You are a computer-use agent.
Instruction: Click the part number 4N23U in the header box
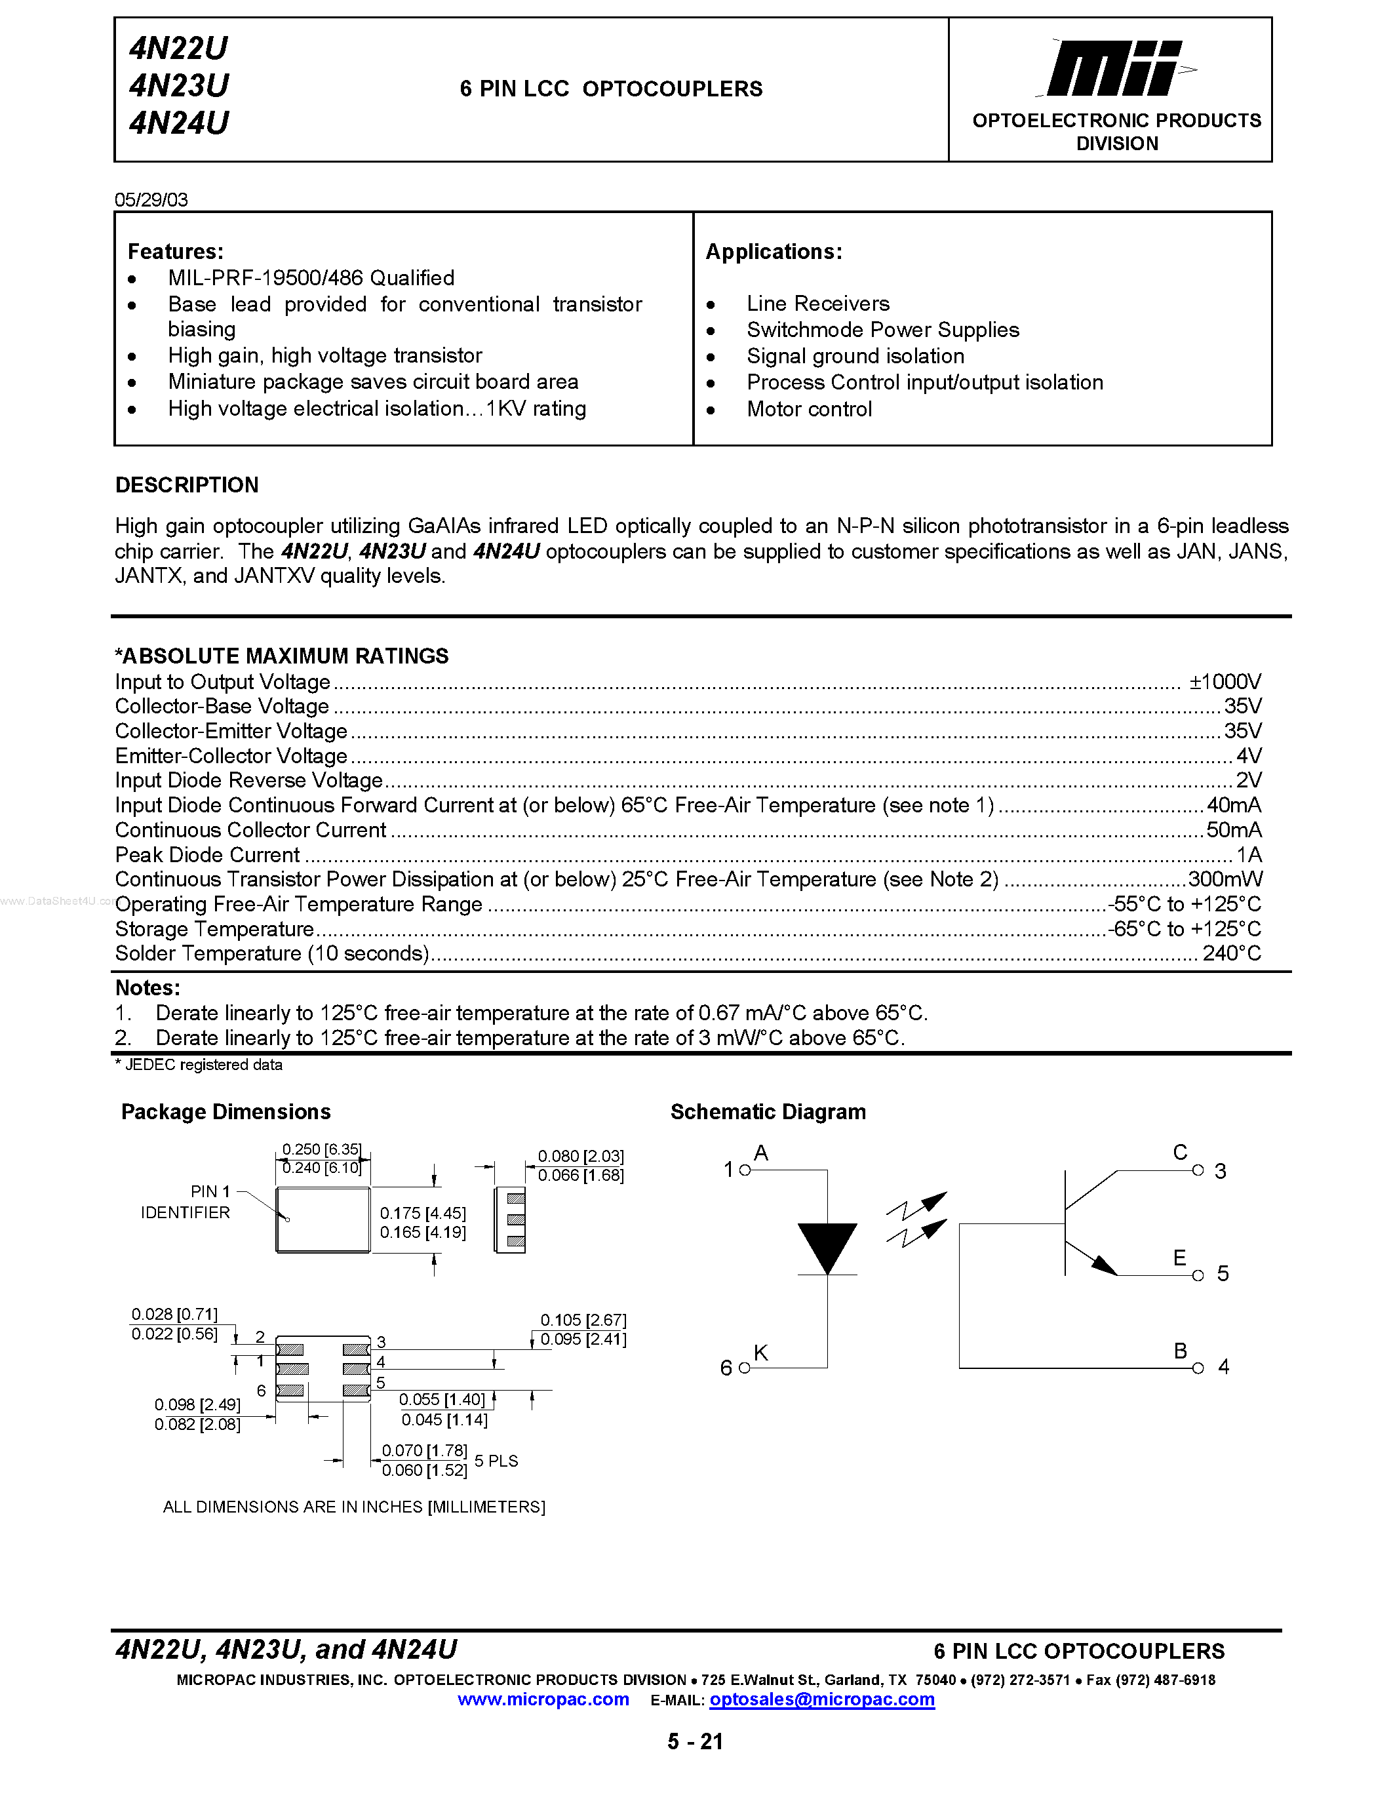[178, 86]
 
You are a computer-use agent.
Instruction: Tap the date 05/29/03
[151, 200]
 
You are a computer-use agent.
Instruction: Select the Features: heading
[175, 252]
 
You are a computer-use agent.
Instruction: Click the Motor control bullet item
[809, 410]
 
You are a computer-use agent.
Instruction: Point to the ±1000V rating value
[1225, 682]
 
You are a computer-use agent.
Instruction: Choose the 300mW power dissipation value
[1225, 879]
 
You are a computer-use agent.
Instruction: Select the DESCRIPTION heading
[187, 485]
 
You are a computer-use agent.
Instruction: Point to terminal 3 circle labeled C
[1198, 1170]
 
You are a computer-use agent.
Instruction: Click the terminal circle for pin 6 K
[745, 1368]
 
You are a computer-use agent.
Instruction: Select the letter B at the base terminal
[1180, 1351]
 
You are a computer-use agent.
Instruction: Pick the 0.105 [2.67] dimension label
[583, 1320]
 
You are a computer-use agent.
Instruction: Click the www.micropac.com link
[543, 1700]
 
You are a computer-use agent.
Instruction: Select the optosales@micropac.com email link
[821, 1700]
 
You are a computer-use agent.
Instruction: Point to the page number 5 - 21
[695, 1742]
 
